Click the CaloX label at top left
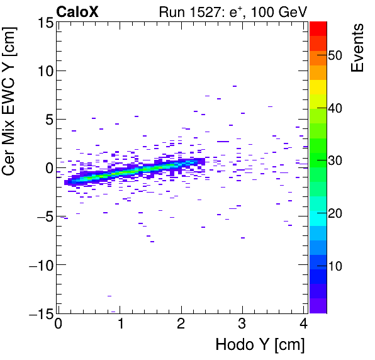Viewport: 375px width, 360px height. tap(77, 11)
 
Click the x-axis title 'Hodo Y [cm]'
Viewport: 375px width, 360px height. tap(260, 345)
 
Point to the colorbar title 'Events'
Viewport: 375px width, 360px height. tap(357, 48)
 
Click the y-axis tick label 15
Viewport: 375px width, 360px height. tap(43, 23)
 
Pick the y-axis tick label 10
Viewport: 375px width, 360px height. tap(43, 71)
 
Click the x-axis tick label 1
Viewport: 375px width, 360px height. tap(120, 325)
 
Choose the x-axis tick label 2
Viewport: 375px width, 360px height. tap(181, 325)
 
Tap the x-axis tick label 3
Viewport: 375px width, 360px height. tap(243, 325)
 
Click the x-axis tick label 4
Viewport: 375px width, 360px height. tap(303, 325)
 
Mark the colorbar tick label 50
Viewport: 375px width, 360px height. tap(335, 55)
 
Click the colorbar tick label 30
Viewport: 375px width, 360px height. tap(335, 160)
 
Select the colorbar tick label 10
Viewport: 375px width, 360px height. tap(335, 266)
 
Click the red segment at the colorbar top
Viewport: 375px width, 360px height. tap(318, 28)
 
